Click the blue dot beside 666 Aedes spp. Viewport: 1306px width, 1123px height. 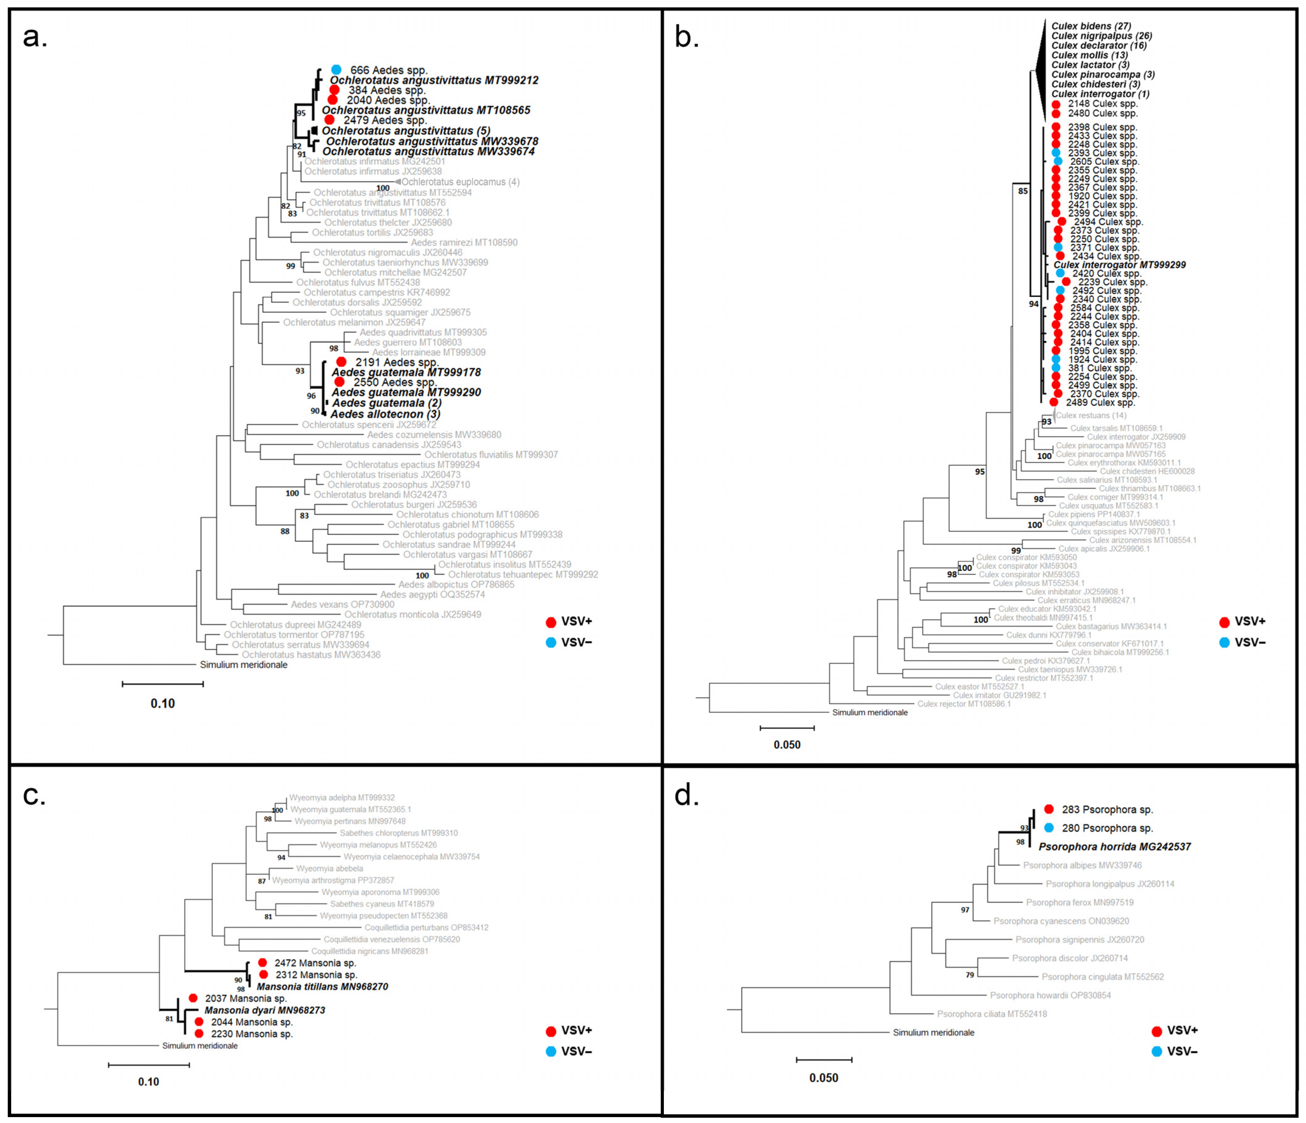[336, 70]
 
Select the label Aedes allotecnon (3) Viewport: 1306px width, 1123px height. [385, 414]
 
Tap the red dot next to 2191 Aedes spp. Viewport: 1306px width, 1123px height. [341, 362]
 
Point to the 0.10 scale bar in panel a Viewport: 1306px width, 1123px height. [163, 684]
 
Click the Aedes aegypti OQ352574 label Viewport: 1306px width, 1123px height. [432, 594]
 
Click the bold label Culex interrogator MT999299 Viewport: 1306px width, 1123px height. [1119, 265]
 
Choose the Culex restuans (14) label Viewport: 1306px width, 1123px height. [1091, 415]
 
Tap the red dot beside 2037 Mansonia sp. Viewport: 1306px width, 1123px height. [193, 998]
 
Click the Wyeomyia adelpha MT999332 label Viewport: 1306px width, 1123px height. [342, 798]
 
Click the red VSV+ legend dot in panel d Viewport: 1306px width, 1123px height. [1157, 1032]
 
